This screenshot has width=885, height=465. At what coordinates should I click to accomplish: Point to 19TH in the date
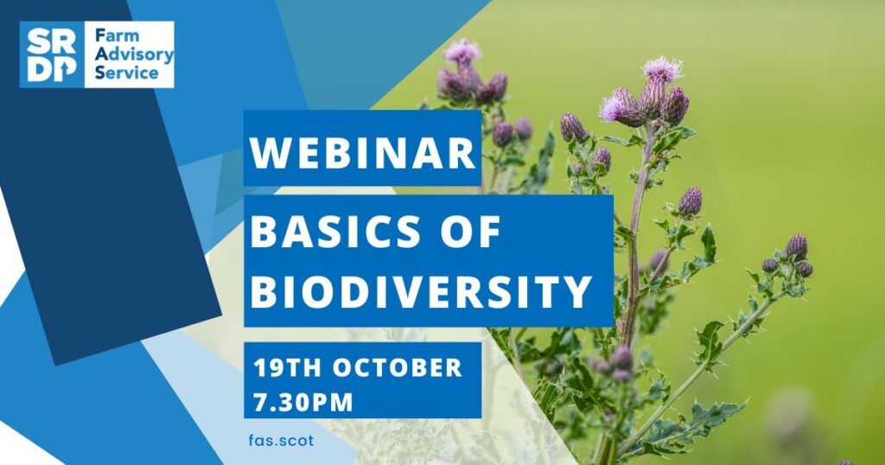(x=287, y=368)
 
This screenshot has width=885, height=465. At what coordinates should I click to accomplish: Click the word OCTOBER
(x=398, y=368)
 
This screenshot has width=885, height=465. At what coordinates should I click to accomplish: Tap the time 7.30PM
(x=303, y=403)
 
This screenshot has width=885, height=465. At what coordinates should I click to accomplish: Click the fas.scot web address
(x=281, y=440)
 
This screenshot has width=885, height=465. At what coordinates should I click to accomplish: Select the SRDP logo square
(x=52, y=54)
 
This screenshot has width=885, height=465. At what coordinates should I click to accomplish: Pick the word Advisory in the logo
(x=134, y=54)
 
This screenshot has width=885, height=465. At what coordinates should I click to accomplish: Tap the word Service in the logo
(x=127, y=73)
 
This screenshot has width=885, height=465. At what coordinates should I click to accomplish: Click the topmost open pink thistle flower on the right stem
(x=662, y=70)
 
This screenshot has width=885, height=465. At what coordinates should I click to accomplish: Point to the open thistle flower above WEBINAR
(x=462, y=52)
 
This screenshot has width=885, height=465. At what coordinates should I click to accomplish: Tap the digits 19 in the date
(x=268, y=368)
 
